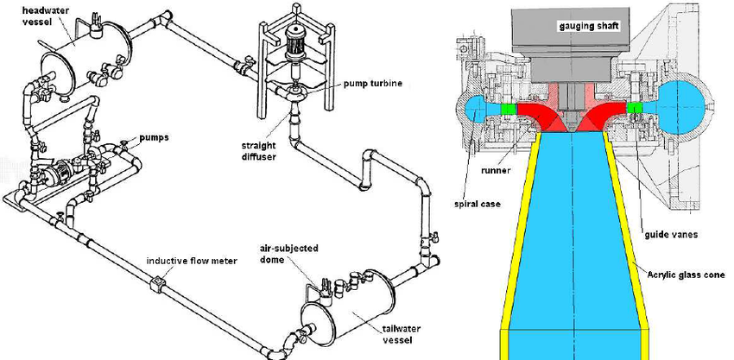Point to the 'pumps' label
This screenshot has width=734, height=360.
pyautogui.click(x=150, y=136)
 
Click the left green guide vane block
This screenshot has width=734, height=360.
pyautogui.click(x=509, y=110)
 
